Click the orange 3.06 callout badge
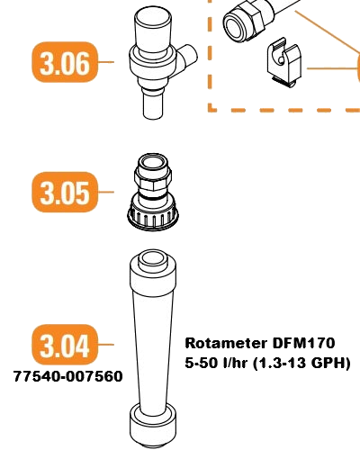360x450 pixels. click(x=65, y=62)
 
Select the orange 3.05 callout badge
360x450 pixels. click(x=65, y=192)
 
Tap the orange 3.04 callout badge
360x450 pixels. click(x=65, y=345)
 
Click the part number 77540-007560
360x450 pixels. click(x=68, y=376)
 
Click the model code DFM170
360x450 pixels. click(x=303, y=343)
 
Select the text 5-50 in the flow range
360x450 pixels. click(x=202, y=363)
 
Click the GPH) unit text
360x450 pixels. click(x=331, y=364)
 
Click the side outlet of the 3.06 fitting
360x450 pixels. click(x=188, y=56)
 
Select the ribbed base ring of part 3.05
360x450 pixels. click(x=153, y=219)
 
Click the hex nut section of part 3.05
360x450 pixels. click(x=153, y=179)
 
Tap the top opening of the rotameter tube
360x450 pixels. click(x=153, y=258)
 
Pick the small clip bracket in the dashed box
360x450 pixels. click(x=284, y=62)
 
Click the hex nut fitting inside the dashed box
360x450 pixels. click(x=244, y=22)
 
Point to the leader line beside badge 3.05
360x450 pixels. click(x=106, y=192)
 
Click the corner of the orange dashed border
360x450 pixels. click(x=211, y=110)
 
